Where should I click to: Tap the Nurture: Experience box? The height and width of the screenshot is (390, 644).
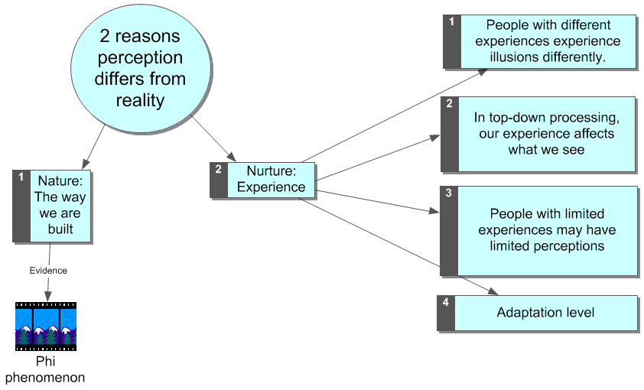point(271,180)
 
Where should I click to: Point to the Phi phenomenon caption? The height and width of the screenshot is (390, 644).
point(46,369)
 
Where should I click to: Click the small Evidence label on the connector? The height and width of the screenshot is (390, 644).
point(48,270)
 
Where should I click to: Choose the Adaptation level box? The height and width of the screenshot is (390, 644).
point(545,313)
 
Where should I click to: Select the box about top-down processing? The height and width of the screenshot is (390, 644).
point(546,134)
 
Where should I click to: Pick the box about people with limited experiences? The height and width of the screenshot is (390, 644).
point(546,229)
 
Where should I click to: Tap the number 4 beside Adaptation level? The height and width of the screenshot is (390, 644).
point(446,302)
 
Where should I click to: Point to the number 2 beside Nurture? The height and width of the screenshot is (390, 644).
point(218,170)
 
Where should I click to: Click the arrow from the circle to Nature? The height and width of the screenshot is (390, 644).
point(94,145)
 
